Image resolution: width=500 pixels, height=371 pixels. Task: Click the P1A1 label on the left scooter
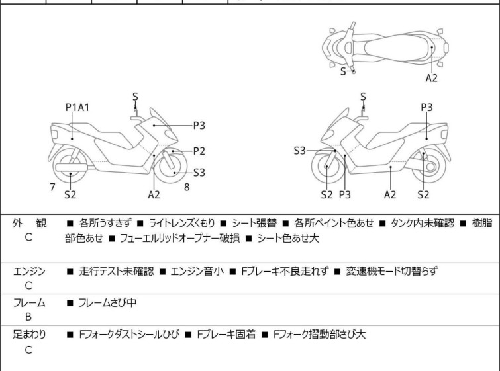coord(77,107)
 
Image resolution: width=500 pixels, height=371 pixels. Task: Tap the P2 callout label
coord(199,151)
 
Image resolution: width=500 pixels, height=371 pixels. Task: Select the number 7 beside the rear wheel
coord(52,187)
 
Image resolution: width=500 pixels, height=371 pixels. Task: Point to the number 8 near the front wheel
coord(187,187)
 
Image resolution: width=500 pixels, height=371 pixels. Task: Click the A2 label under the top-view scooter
coord(432,77)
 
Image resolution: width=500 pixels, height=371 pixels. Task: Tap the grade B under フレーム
coord(28,317)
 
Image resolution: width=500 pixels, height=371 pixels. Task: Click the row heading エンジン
coord(29,271)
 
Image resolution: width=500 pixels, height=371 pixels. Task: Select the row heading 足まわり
coord(29,335)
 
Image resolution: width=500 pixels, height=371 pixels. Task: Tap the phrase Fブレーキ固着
coord(224,335)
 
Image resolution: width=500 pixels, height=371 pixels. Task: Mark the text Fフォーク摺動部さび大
coord(319,335)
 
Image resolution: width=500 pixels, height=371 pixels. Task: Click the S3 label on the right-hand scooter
coord(300,151)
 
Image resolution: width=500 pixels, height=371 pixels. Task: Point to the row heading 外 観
coord(29,224)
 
